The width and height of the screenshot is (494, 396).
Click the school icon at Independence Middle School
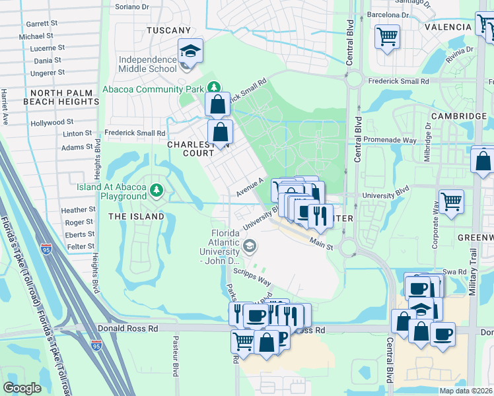click(190, 51)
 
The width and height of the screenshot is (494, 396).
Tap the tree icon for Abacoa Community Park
click(213, 87)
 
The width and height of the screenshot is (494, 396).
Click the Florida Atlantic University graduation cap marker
click(249, 247)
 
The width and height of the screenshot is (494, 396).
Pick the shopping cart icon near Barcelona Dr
click(386, 35)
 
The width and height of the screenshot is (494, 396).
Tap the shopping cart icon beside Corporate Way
click(450, 201)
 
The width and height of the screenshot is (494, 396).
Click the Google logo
click(22, 387)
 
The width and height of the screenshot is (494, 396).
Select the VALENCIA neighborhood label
click(452, 27)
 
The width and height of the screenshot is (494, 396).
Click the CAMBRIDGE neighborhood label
click(458, 116)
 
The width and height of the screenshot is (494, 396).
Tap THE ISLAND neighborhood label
click(136, 216)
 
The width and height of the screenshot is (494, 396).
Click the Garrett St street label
click(42, 23)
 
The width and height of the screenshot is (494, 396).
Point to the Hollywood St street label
click(51, 123)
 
